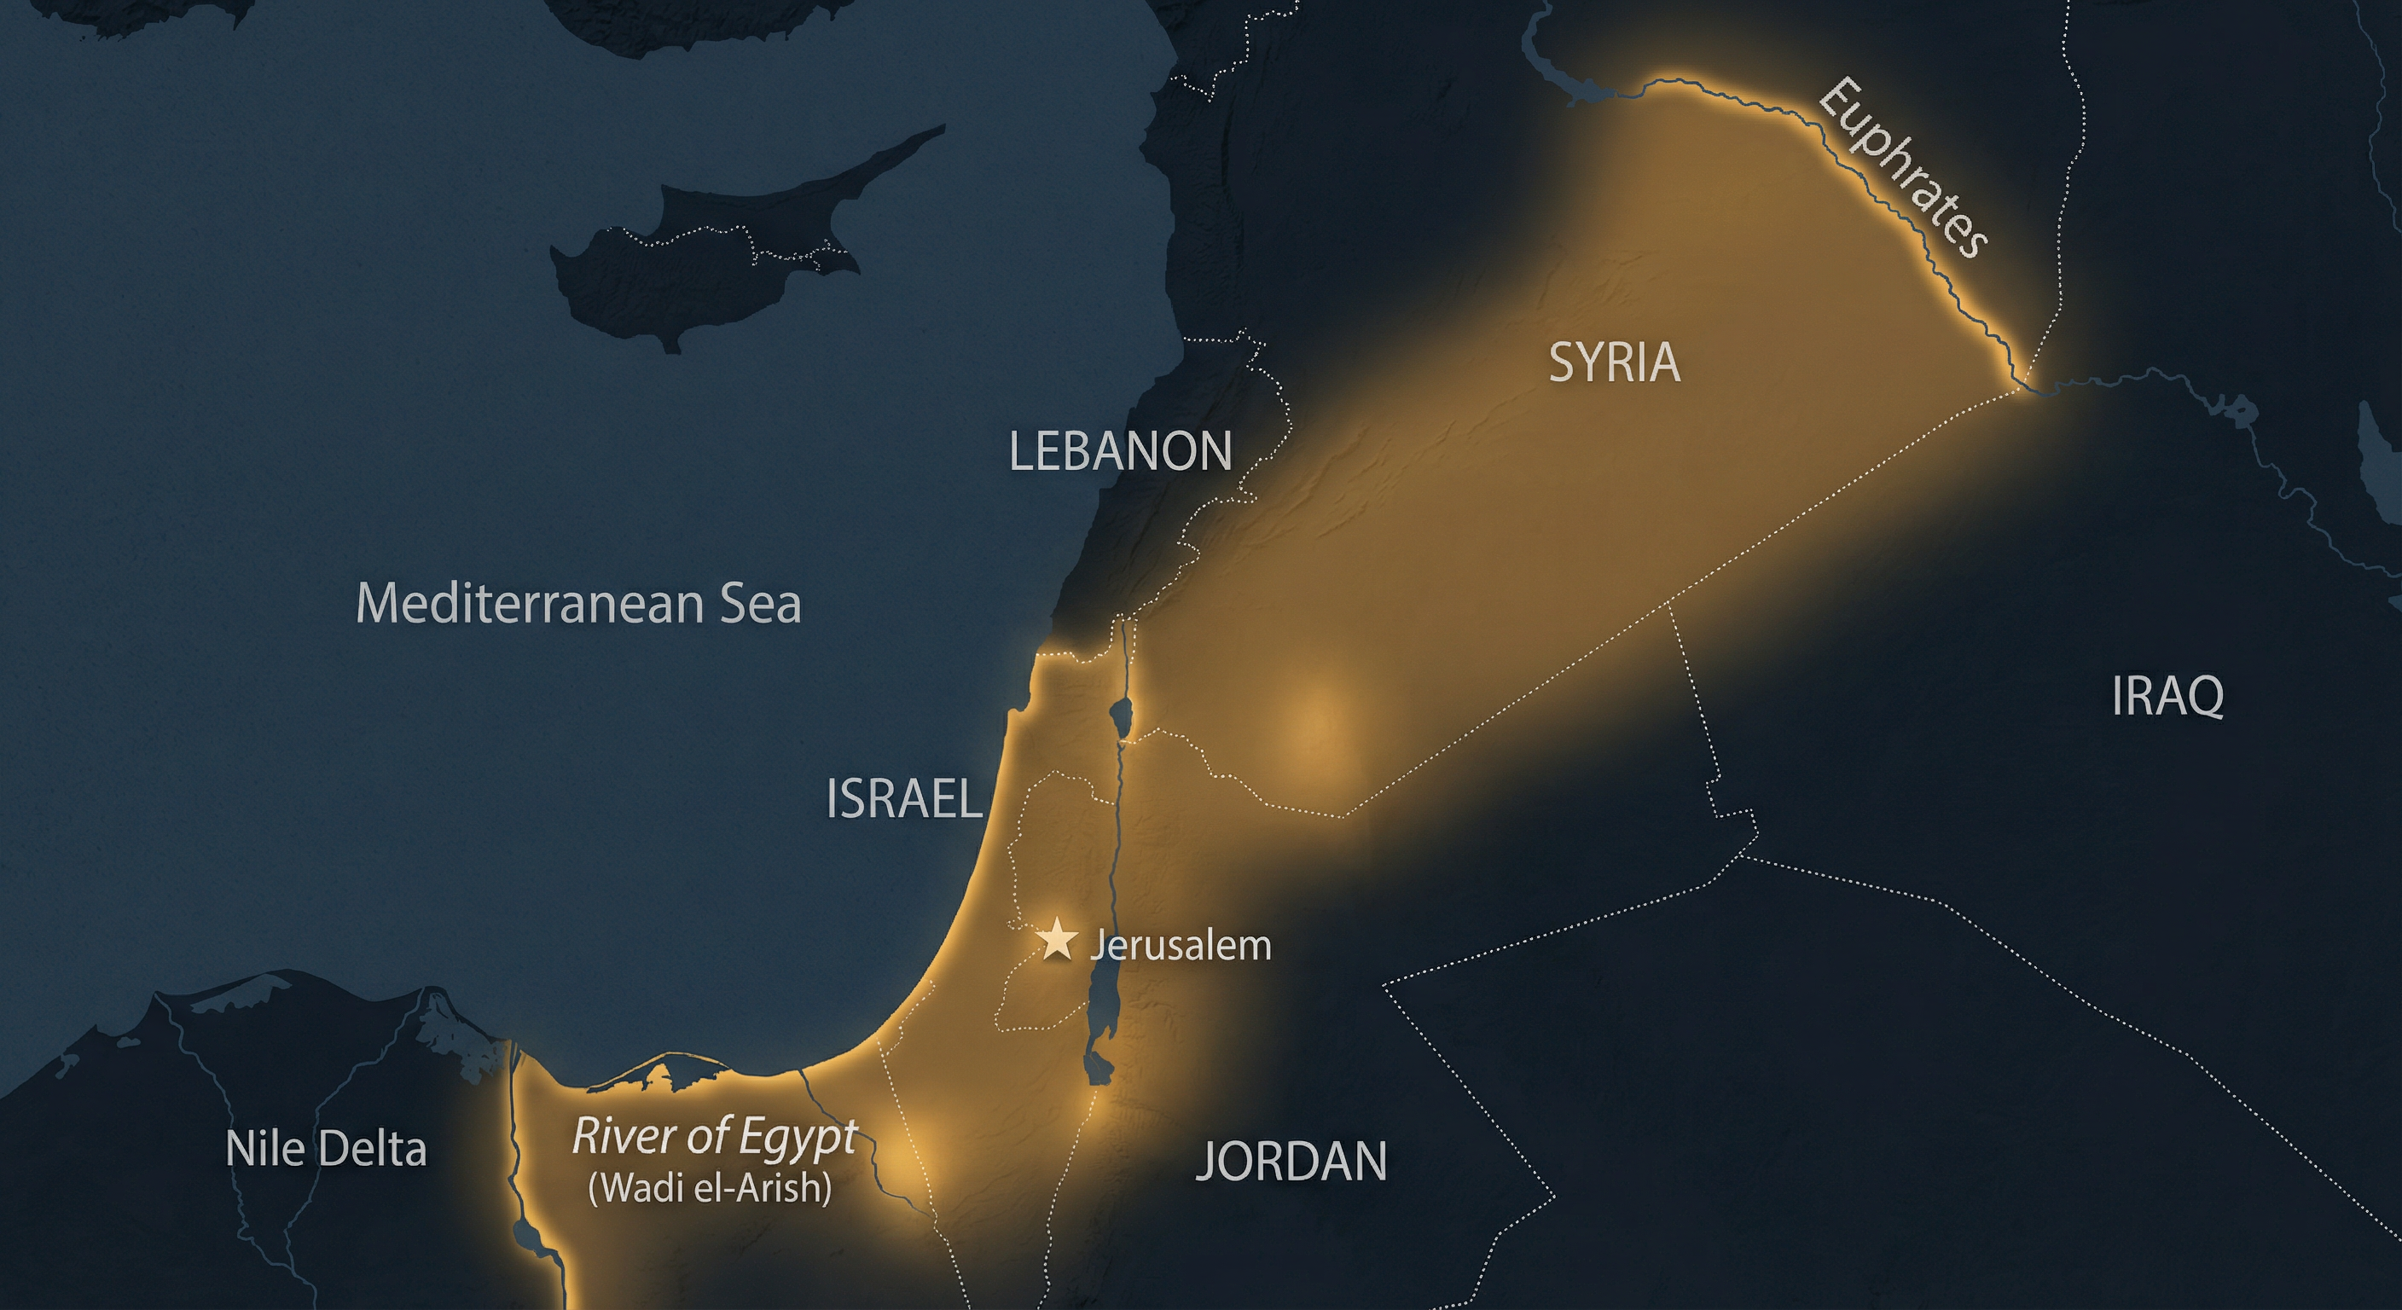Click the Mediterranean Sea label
pos(578,603)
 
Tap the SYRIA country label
pos(1614,362)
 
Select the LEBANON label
pos(1120,451)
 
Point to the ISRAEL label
pos(903,799)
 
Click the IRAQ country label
pos(2167,696)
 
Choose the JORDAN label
pos(1291,1161)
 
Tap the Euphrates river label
pos(1902,168)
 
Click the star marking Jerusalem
pos(1058,940)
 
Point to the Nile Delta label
pos(326,1149)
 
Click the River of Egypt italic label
pos(714,1137)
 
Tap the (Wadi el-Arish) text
pos(710,1188)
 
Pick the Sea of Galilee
pos(1120,718)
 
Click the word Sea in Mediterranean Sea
pos(760,603)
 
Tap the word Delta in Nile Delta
pos(372,1149)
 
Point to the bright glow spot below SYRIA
pos(1314,727)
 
